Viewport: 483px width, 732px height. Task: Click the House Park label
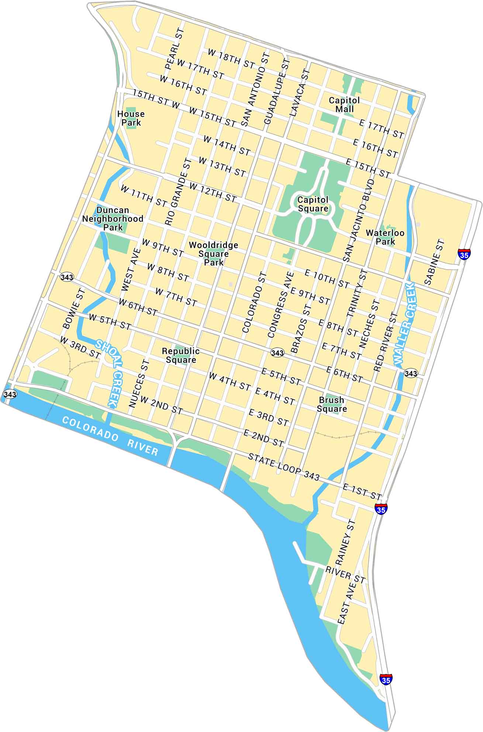[x=131, y=118]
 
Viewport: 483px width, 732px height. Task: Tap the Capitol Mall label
[x=344, y=105]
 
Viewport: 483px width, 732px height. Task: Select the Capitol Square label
[x=313, y=204]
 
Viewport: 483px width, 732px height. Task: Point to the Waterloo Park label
[x=385, y=237]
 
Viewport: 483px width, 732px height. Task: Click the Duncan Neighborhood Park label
[x=113, y=218]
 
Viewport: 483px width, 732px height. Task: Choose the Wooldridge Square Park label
[x=213, y=253]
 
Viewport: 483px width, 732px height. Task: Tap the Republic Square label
[x=181, y=355]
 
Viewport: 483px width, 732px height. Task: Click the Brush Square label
[x=331, y=404]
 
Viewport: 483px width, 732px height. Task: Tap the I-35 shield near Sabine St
[x=464, y=254]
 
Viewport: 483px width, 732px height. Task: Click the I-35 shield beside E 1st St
[x=380, y=508]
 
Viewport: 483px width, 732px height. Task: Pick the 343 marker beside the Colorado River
[x=10, y=394]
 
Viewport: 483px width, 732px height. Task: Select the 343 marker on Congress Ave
[x=277, y=353]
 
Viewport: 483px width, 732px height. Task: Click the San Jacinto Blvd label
[x=359, y=220]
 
